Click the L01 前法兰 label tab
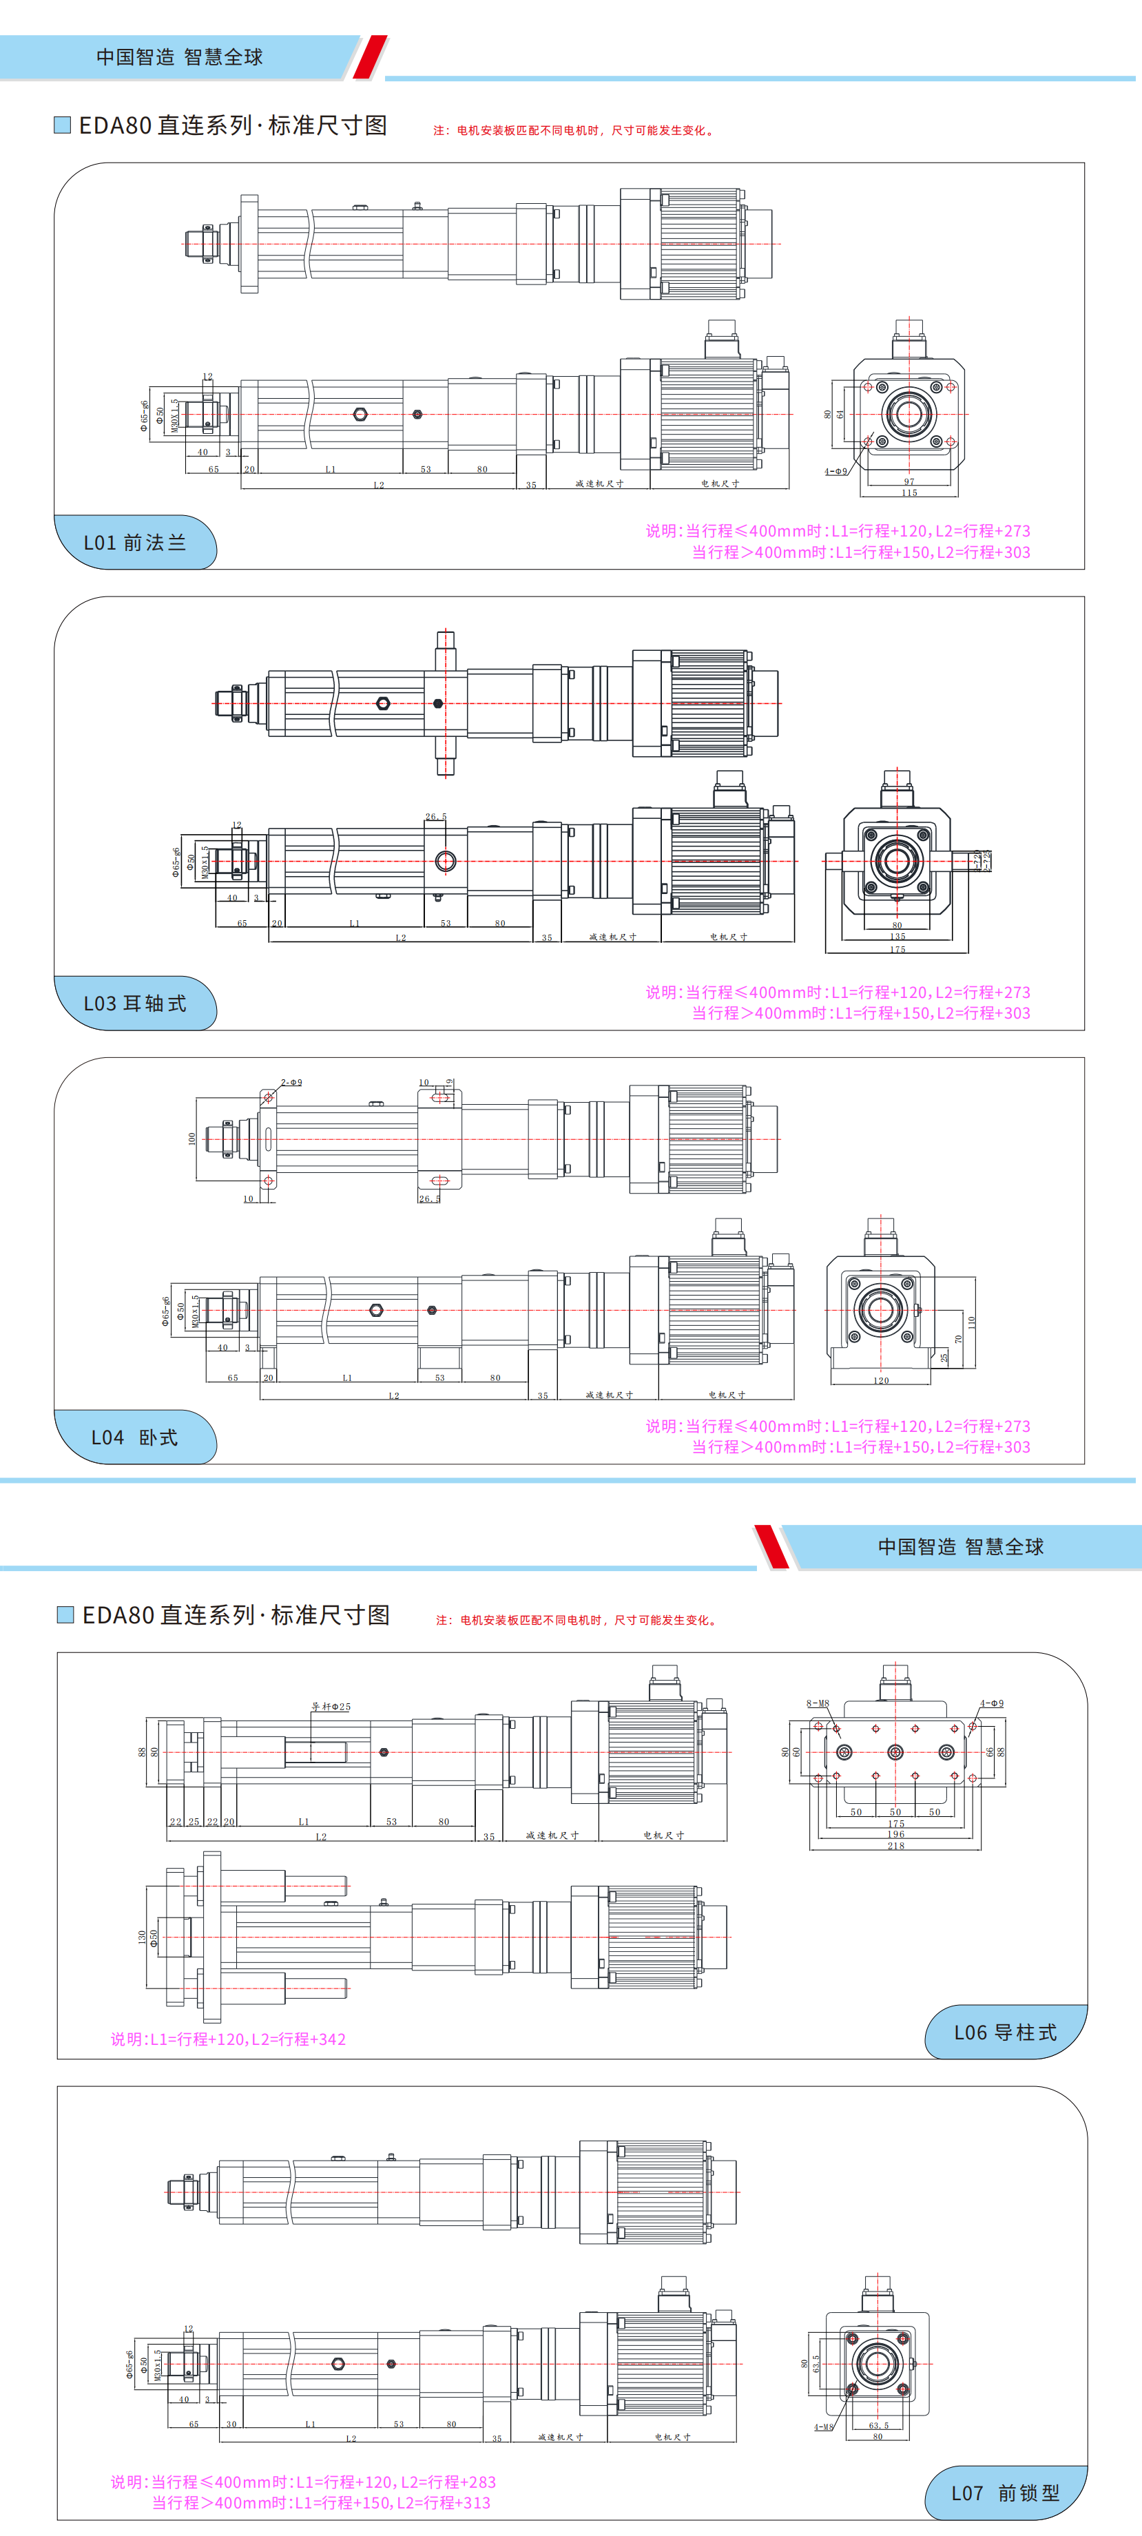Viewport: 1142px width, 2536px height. click(x=135, y=543)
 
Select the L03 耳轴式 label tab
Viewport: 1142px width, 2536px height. click(x=135, y=1004)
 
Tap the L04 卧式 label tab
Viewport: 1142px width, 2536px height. click(x=135, y=1437)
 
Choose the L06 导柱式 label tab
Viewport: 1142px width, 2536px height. click(x=1005, y=2032)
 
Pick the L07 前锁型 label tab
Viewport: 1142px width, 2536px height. click(x=1005, y=2493)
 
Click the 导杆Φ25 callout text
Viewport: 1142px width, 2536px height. click(x=331, y=1706)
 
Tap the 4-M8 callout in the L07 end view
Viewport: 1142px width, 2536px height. click(x=823, y=2426)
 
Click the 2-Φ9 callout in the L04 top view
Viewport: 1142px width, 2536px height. click(x=291, y=1082)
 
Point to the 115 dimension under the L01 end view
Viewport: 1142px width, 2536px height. click(x=909, y=492)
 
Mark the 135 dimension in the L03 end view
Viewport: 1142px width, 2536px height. click(x=897, y=936)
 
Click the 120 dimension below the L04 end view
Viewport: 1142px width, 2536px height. click(x=881, y=1380)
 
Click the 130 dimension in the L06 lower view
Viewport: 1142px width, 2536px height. click(x=142, y=1937)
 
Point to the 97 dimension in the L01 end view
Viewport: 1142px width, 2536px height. click(x=909, y=481)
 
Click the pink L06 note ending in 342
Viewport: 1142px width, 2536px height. click(x=229, y=2039)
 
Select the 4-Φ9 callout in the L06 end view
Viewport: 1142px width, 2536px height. click(x=991, y=1703)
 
